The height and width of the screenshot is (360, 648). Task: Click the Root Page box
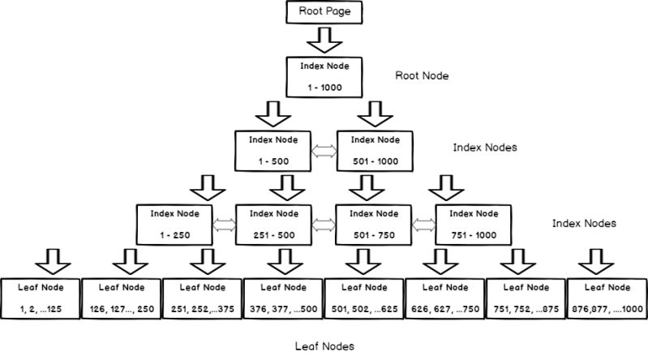[x=324, y=12]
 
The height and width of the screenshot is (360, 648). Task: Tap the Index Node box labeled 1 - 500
[x=273, y=151]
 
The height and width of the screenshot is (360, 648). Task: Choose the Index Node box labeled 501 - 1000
[x=375, y=151]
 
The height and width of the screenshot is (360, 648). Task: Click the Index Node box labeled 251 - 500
[x=273, y=225]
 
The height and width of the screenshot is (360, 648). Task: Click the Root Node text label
[x=422, y=75]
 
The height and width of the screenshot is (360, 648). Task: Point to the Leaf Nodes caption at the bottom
[x=324, y=346]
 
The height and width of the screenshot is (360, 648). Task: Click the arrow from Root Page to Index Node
[x=324, y=39]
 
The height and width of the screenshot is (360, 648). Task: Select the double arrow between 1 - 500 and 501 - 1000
[x=324, y=151]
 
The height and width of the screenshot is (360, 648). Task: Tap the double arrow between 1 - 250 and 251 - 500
[x=224, y=225]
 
